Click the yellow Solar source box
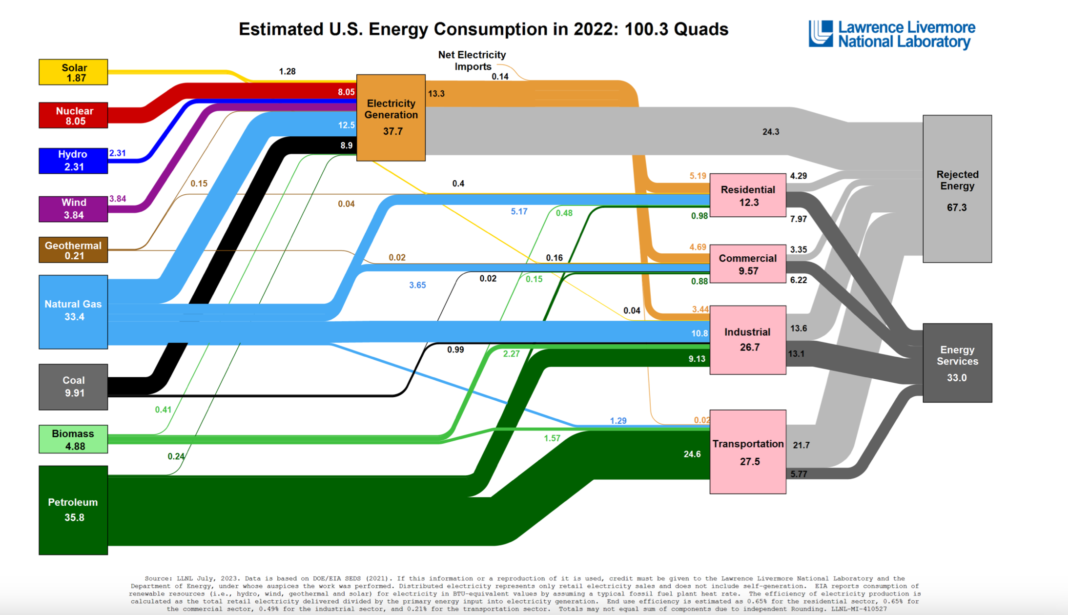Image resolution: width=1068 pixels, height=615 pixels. pos(73,72)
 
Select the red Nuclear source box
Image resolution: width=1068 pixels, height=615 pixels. pos(73,116)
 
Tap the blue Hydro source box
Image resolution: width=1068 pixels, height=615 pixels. pos(73,161)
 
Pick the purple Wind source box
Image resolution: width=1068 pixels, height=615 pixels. pos(73,209)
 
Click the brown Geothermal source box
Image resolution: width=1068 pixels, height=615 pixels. pos(73,250)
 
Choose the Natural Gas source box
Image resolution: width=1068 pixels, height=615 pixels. pos(73,311)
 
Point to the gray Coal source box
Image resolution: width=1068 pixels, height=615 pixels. pos(73,387)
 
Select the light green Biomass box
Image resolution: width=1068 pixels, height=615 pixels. pos(73,439)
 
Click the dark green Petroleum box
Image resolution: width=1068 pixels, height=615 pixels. pos(73,510)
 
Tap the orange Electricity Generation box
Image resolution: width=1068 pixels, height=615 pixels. pos(391,118)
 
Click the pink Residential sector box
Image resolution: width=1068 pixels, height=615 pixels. pos(748,195)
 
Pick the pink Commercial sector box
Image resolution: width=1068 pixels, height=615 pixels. pos(748,264)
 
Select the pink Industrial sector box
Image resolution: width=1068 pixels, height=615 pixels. pos(748,340)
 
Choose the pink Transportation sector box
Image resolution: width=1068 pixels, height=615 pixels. pos(748,452)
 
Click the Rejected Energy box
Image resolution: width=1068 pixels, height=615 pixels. pos(957,189)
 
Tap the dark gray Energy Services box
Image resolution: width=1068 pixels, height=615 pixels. pos(957,363)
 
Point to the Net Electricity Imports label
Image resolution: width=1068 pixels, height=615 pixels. pos(472,61)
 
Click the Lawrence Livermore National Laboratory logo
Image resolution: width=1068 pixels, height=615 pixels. pos(892,34)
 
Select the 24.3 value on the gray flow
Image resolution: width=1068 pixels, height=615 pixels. pos(771,132)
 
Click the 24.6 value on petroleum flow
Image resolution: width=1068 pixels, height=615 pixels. pos(692,454)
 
